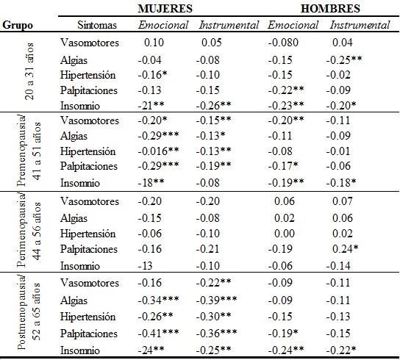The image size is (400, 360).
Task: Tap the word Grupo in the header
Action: (18, 25)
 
